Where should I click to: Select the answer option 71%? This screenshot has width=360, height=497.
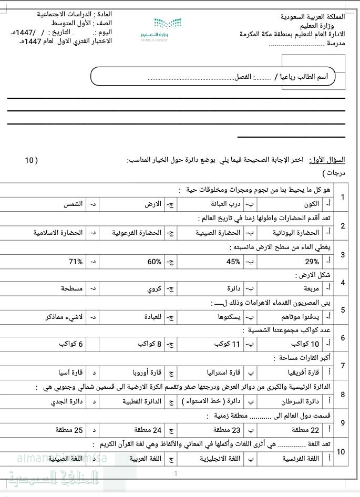pos(76,261)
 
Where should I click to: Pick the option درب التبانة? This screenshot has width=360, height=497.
pos(225,204)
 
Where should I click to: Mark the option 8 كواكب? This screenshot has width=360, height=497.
pos(149,344)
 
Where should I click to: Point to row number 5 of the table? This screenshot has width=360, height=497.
pos(343,309)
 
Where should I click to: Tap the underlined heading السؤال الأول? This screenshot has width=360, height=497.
pos(327,160)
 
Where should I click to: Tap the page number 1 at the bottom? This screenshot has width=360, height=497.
pos(176,474)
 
